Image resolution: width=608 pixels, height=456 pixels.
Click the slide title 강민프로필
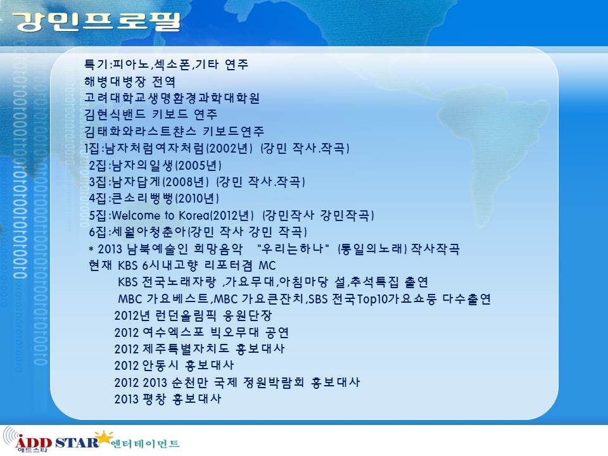click(x=96, y=22)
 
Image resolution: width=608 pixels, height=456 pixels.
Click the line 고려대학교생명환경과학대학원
click(x=172, y=98)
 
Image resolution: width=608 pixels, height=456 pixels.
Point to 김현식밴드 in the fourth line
click(x=115, y=115)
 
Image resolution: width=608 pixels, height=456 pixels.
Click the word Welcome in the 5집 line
click(x=136, y=215)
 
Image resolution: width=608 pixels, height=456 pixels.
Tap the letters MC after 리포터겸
click(x=267, y=265)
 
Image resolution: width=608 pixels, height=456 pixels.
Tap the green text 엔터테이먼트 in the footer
click(x=145, y=443)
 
